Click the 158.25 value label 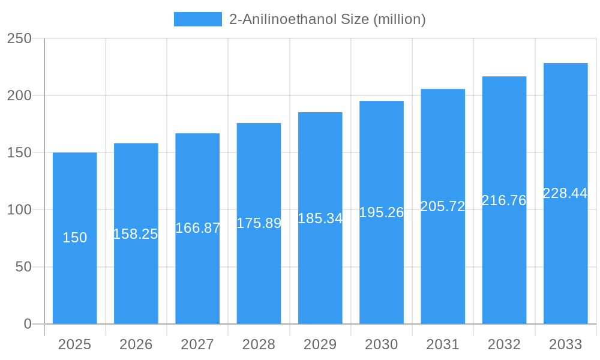(136, 234)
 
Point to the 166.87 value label (197, 228)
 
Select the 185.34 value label (320, 218)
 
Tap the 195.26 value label (382, 212)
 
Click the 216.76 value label (504, 200)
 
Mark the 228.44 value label (565, 193)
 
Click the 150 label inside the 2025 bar (74, 238)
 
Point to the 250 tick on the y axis (19, 38)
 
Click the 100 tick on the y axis (19, 210)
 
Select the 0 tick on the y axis (28, 324)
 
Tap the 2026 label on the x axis (136, 344)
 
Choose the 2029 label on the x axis (320, 344)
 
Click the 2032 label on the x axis (504, 344)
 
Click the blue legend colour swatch (197, 19)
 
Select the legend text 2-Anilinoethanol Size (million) (328, 19)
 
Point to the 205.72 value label (443, 206)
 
